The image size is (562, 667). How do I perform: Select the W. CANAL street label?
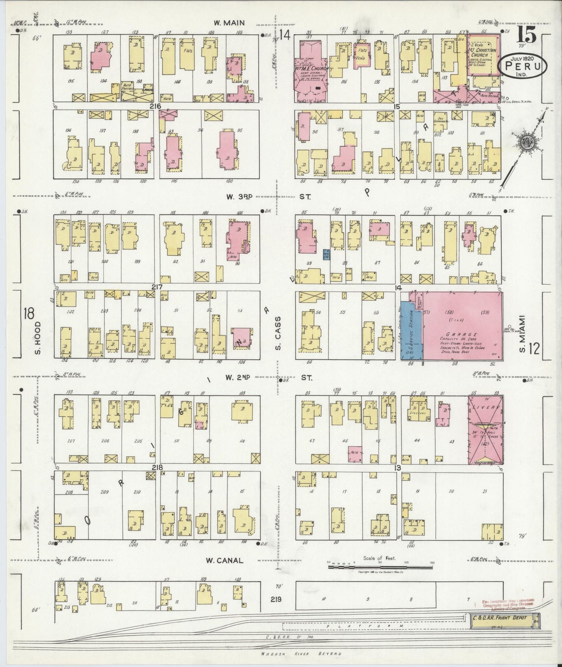[x=224, y=560]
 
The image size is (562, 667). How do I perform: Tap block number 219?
[x=276, y=600]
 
